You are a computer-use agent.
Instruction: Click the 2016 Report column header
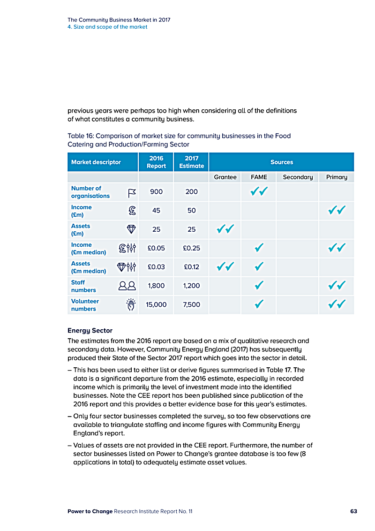point(156,162)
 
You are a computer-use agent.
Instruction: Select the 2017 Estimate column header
point(191,162)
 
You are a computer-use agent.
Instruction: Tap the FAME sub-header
point(259,177)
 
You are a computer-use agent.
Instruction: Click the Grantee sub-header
point(225,177)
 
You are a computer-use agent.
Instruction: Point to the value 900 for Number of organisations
point(156,192)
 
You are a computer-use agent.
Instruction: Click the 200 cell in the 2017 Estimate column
point(191,192)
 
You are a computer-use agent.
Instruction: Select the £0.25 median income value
point(191,248)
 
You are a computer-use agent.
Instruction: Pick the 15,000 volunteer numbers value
point(156,304)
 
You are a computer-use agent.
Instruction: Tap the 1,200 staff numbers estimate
point(191,286)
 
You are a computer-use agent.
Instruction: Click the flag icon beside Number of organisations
point(132,192)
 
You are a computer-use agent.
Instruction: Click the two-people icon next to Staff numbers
point(127,286)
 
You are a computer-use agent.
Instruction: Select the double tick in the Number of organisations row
point(259,191)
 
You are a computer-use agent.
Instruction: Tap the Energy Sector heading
point(90,331)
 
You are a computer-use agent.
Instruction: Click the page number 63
point(353,511)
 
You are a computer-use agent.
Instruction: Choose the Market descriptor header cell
point(96,162)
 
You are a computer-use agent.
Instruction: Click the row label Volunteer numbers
point(85,305)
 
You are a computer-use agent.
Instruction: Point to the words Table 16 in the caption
point(80,136)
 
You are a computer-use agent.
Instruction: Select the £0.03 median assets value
point(156,267)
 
